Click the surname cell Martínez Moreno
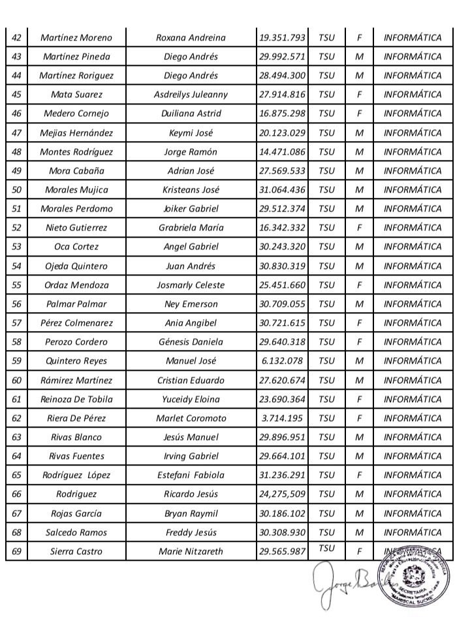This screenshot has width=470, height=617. coord(76,37)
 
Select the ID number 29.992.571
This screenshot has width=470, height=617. coord(282,56)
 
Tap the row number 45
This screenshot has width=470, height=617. coord(16,95)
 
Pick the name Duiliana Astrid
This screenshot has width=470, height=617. coord(191,114)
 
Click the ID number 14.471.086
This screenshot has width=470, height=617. coord(282,152)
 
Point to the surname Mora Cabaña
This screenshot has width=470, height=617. coord(76,171)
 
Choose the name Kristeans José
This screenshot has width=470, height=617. coord(191,190)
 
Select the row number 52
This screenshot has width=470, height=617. coord(16,228)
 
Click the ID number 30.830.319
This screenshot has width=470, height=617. coord(282,266)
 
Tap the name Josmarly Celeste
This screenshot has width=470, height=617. coord(191,285)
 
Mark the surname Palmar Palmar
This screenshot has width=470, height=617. coord(76,304)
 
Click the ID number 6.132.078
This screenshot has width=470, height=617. coord(282,361)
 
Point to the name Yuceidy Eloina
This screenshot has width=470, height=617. coord(191,399)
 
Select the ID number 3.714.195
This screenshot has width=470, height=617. coord(282,418)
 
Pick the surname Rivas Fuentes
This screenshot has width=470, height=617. coord(76,456)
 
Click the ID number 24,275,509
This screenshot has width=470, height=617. coord(282,494)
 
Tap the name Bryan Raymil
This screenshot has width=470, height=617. coord(191,513)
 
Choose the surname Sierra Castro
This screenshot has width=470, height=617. coord(76,552)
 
